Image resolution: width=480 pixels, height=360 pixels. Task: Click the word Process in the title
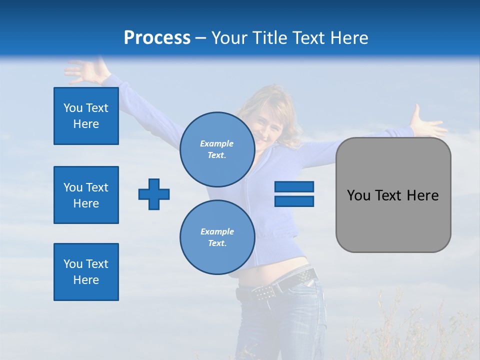tap(157, 38)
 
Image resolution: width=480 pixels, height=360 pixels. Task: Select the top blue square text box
tap(86, 116)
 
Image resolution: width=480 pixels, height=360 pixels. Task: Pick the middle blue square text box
tap(86, 195)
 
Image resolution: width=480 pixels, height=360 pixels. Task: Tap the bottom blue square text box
tap(86, 272)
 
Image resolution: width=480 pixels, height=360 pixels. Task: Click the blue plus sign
tap(154, 194)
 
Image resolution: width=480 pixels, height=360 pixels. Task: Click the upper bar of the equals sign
tap(294, 187)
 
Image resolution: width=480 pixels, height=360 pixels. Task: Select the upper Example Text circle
tap(217, 149)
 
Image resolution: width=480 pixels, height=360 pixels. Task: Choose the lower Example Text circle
tap(217, 237)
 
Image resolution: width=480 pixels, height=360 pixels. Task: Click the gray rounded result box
tap(393, 195)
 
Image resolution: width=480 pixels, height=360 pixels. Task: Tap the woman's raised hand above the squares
tap(85, 71)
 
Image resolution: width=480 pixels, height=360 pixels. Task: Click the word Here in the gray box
tap(422, 195)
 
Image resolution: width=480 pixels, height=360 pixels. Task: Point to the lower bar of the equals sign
tap(294, 201)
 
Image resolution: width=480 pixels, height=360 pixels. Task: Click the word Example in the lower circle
tap(217, 231)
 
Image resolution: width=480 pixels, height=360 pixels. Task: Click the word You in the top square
tap(73, 108)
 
